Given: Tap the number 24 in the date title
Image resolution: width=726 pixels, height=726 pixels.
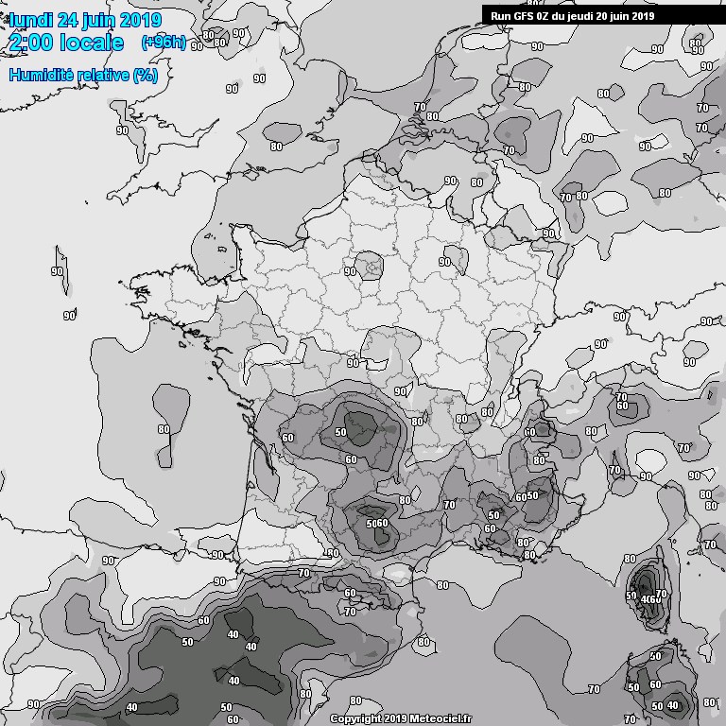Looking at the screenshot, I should (x=73, y=20).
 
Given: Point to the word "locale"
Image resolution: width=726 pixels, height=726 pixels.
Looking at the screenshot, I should (x=92, y=43).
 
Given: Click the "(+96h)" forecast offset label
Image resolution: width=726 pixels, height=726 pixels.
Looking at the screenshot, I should (x=164, y=43).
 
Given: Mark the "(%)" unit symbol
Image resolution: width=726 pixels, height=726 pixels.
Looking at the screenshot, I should (x=146, y=75).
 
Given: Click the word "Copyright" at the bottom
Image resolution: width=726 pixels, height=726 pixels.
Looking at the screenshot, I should (x=355, y=718).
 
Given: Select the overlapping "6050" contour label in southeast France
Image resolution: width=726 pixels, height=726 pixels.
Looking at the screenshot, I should (x=527, y=496).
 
